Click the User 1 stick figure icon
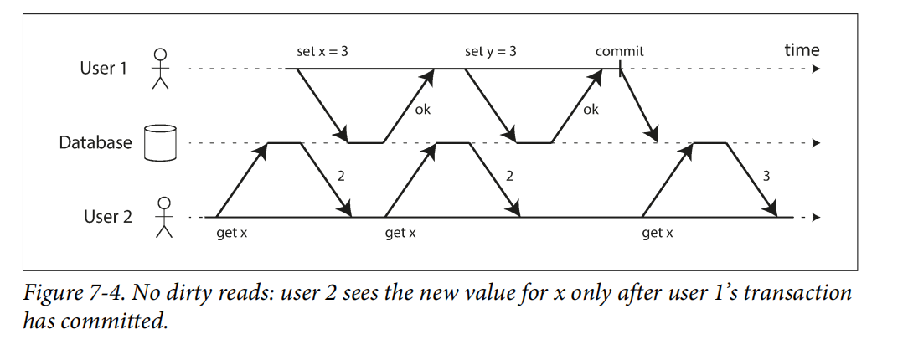(x=160, y=68)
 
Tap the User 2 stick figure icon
(x=164, y=217)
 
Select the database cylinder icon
(x=161, y=142)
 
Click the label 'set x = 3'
(x=322, y=51)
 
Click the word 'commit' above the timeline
(x=619, y=51)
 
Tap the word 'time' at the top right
(x=801, y=50)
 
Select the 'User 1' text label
(x=103, y=68)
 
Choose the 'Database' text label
(x=95, y=142)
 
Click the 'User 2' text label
(x=107, y=217)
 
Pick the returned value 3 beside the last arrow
(x=766, y=176)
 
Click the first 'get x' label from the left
(x=232, y=233)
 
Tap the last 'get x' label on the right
(x=658, y=233)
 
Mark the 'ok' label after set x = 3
(x=423, y=110)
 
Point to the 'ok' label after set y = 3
(x=591, y=110)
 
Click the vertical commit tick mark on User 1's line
(x=620, y=69)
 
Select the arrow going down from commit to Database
(x=638, y=105)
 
